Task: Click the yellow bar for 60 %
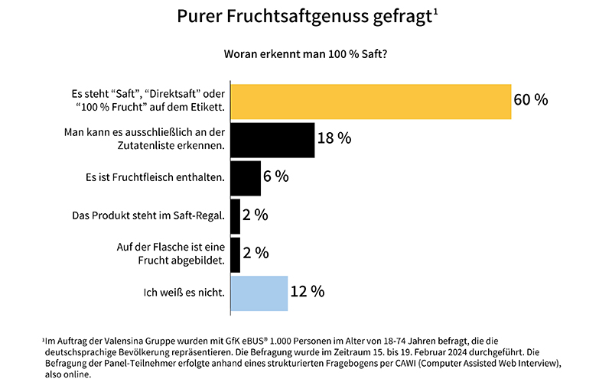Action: tap(370, 102)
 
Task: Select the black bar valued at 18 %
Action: tap(272, 139)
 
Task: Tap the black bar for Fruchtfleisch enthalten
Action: tap(246, 177)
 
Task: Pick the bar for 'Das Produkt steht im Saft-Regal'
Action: tap(235, 215)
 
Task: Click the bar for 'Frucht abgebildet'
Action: tap(235, 254)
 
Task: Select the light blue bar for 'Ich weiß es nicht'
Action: tap(259, 293)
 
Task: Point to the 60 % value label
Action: tap(531, 100)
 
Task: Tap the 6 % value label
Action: tap(276, 176)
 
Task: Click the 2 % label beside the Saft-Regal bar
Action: tap(255, 215)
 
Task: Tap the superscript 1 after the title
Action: tap(435, 11)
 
